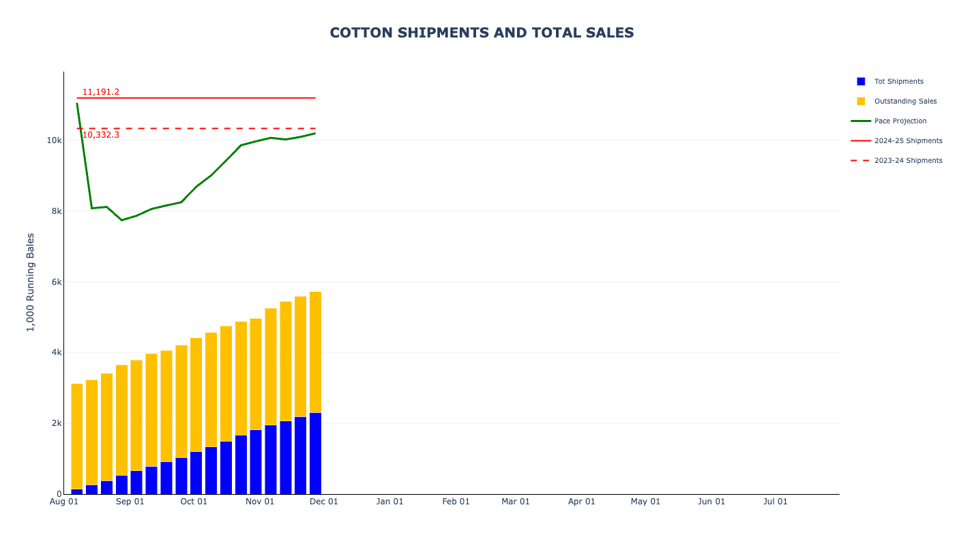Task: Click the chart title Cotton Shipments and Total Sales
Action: pyautogui.click(x=482, y=33)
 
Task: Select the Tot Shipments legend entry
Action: pyautogui.click(x=898, y=82)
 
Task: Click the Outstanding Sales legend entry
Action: pyautogui.click(x=905, y=102)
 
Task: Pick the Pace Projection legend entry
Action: pyautogui.click(x=900, y=121)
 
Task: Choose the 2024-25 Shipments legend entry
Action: pyautogui.click(x=908, y=141)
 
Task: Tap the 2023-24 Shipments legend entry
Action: pyautogui.click(x=908, y=161)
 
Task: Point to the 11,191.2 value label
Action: pyautogui.click(x=101, y=92)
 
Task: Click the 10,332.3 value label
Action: pyautogui.click(x=101, y=135)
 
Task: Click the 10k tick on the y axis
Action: pyautogui.click(x=54, y=140)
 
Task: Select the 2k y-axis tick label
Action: pyautogui.click(x=56, y=423)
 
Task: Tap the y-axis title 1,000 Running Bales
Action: pyautogui.click(x=31, y=282)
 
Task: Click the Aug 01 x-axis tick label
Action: pyautogui.click(x=64, y=502)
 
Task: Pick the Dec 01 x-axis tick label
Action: pyautogui.click(x=324, y=502)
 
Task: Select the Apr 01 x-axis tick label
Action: pyautogui.click(x=582, y=502)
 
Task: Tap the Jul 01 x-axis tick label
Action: pyautogui.click(x=776, y=502)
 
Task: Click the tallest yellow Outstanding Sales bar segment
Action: pyautogui.click(x=315, y=352)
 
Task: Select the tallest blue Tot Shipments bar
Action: pyautogui.click(x=315, y=453)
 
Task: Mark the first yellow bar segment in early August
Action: pyautogui.click(x=77, y=436)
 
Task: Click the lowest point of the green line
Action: pyautogui.click(x=121, y=220)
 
